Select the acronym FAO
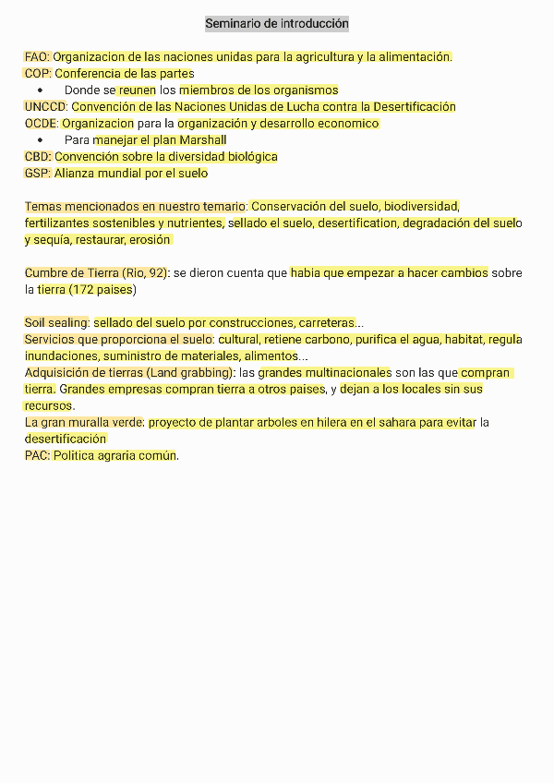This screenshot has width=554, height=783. tap(36, 57)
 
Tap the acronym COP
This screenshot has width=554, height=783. tap(37, 74)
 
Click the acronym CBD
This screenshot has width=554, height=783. tap(37, 157)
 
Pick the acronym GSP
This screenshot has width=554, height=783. tap(37, 174)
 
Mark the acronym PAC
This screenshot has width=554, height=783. tap(36, 456)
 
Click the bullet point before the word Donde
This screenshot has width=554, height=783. tap(40, 90)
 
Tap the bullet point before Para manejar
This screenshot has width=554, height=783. tap(40, 140)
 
